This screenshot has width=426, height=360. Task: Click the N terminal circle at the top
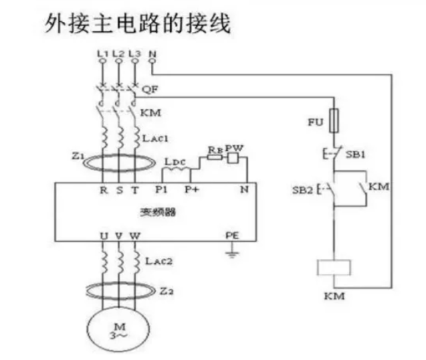153,61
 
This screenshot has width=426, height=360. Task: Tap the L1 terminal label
102,52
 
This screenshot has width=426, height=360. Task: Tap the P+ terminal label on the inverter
191,189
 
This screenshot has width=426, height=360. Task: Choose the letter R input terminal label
103,189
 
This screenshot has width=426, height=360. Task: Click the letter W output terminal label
136,236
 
